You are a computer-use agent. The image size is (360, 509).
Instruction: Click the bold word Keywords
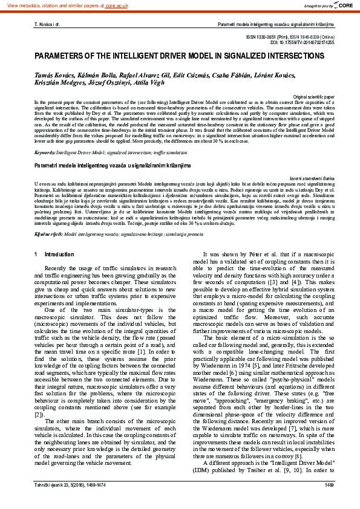[44, 154]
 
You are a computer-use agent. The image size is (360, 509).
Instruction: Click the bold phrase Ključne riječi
[47, 232]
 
